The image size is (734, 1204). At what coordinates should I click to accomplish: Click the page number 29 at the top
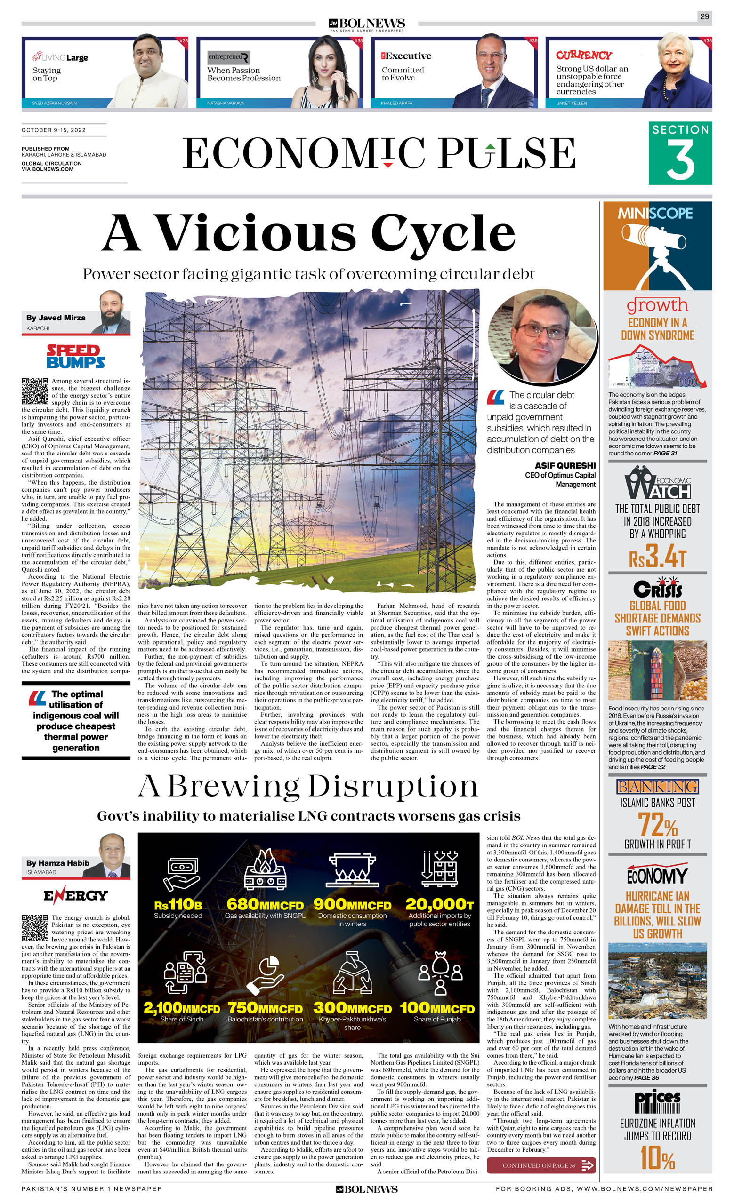704,16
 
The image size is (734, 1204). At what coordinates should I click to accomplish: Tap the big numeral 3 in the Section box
680,160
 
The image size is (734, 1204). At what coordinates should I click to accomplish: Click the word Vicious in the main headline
255,232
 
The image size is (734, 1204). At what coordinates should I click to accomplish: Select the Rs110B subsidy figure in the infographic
177,905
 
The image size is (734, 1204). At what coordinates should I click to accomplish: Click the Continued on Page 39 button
541,1165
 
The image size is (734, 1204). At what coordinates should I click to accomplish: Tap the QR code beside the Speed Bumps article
35,391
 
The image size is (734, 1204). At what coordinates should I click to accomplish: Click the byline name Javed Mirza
56,318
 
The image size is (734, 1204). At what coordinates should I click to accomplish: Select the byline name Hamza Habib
58,863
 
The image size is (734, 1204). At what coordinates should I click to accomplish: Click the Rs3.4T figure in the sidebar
657,557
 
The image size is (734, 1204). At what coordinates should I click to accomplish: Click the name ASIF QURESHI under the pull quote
565,466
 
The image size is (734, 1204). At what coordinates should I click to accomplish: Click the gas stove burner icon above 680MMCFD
265,869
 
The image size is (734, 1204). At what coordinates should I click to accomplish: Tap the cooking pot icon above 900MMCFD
352,870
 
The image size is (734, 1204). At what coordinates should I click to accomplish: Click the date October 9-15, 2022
54,130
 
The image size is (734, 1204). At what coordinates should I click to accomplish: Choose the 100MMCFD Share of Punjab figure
437,1009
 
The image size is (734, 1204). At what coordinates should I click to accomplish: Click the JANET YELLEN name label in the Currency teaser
572,103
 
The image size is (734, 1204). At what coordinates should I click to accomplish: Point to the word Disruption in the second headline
393,787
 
